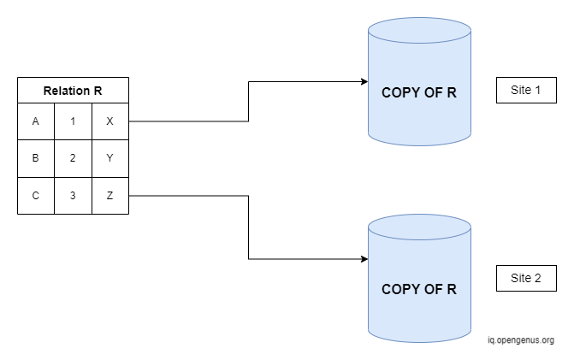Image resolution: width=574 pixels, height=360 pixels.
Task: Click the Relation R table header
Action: pos(74,91)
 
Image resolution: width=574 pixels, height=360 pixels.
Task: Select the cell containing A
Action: pos(36,121)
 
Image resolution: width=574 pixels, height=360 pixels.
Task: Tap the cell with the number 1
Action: pos(74,121)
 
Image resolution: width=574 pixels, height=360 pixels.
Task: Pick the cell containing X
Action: pos(110,121)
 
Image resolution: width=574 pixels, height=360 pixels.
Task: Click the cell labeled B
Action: pos(36,158)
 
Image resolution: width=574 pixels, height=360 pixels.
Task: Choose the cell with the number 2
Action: pos(74,158)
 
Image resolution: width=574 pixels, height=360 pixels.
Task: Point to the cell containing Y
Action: pos(110,158)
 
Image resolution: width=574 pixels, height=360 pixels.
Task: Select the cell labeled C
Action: pos(36,196)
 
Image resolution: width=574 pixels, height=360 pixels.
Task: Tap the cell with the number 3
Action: pos(74,196)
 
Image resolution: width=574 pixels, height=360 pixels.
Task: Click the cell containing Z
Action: pos(110,196)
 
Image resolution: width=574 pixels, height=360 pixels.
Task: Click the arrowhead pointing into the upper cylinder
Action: pos(364,81)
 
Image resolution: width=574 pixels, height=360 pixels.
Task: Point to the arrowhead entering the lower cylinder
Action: pos(364,259)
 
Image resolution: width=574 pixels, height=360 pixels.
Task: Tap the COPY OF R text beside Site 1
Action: pos(419,92)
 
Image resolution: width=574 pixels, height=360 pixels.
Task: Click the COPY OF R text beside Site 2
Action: pos(419,289)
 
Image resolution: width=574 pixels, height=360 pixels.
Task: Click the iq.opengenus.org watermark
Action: pos(521,340)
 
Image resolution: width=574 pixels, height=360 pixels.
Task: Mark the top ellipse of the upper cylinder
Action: pos(419,18)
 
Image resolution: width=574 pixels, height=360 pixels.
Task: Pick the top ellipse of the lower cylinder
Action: pos(419,215)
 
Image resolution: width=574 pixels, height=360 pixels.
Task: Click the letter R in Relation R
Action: pos(98,91)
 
